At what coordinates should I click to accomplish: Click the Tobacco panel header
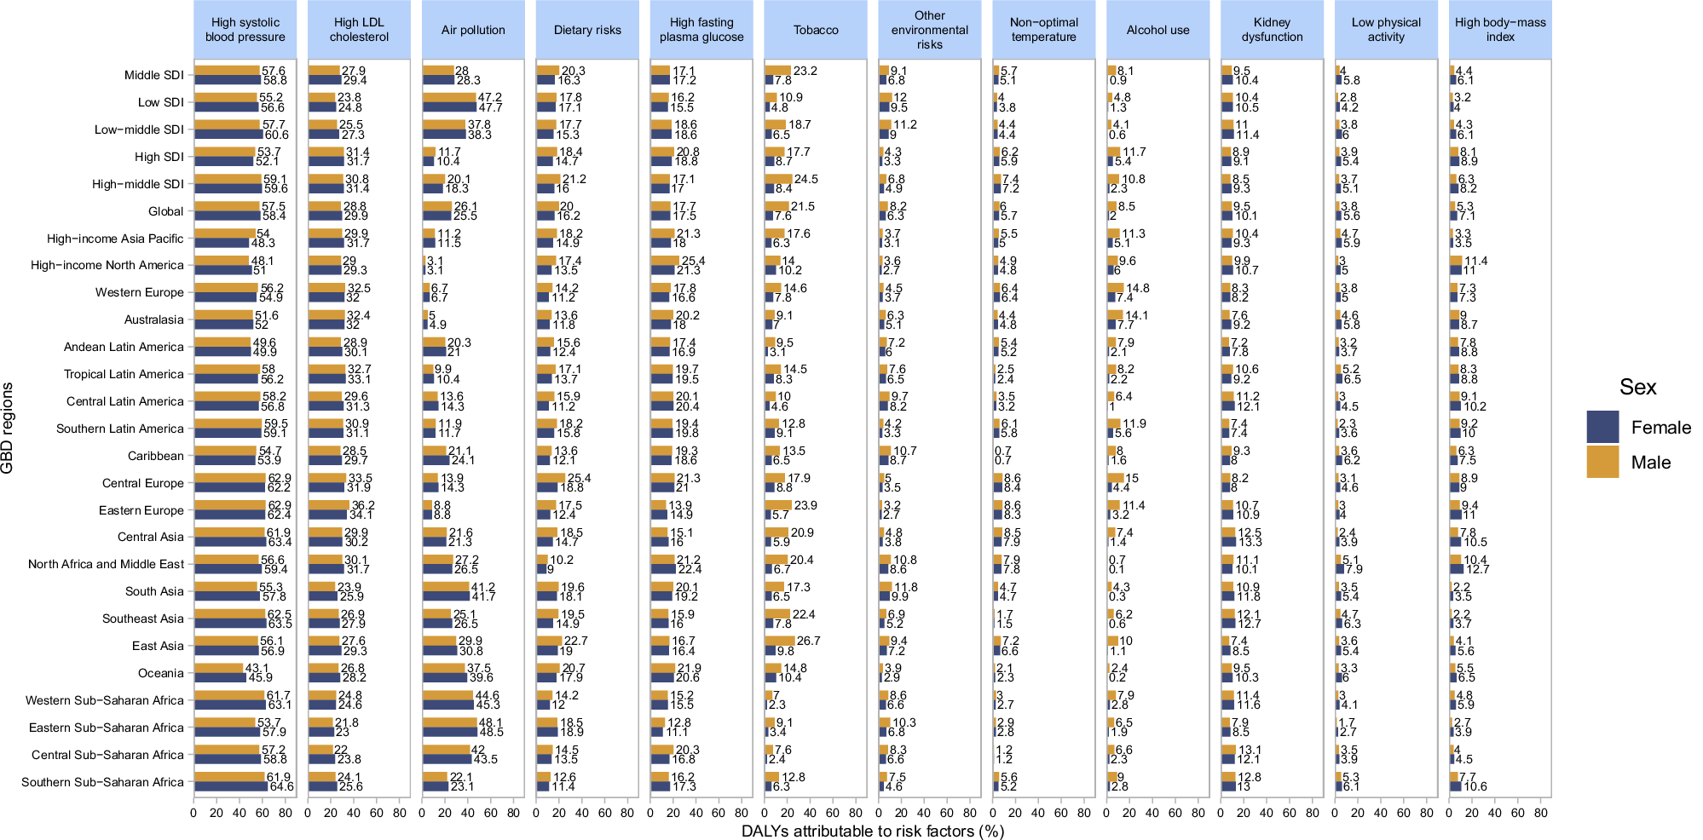pyautogui.click(x=816, y=30)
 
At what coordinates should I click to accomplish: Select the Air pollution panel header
pyautogui.click(x=473, y=30)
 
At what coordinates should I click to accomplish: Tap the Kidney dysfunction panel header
pyautogui.click(x=1272, y=30)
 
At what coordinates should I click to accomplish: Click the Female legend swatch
pyautogui.click(x=1602, y=427)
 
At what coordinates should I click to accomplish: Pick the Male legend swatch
pyautogui.click(x=1602, y=462)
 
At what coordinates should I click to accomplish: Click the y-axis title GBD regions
pyautogui.click(x=8, y=428)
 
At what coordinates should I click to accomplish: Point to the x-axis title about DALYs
pyautogui.click(x=873, y=831)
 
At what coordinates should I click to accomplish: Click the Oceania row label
pyautogui.click(x=160, y=673)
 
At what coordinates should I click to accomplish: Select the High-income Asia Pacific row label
pyautogui.click(x=115, y=239)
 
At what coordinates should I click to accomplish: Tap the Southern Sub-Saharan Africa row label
pyautogui.click(x=102, y=782)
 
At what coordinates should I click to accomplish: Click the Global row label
pyautogui.click(x=165, y=211)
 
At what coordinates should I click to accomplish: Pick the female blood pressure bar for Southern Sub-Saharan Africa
pyautogui.click(x=230, y=786)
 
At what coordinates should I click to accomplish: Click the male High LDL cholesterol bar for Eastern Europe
pyautogui.click(x=329, y=505)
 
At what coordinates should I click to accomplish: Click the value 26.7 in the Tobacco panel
pyautogui.click(x=808, y=641)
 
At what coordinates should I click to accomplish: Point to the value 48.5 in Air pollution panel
pyautogui.click(x=491, y=732)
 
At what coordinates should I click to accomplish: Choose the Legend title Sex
pyautogui.click(x=1637, y=388)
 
